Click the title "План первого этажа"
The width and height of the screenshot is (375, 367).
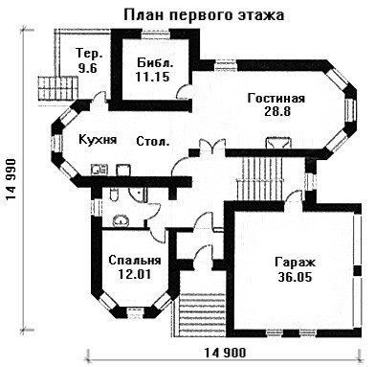[204, 15]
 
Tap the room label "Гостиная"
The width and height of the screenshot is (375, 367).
[276, 98]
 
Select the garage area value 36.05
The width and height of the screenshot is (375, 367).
[295, 277]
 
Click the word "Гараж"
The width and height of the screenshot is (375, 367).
[295, 263]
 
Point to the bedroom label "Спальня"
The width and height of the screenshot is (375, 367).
[135, 261]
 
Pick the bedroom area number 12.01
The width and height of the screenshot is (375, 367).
[134, 274]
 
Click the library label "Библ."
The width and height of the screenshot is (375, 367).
[155, 62]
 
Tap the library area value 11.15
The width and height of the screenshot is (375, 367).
[152, 77]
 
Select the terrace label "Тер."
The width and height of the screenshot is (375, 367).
[90, 54]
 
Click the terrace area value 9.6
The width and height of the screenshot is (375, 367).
[87, 68]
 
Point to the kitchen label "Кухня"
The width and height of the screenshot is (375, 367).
[98, 140]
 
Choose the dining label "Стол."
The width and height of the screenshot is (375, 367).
[153, 141]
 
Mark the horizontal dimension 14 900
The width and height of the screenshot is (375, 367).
[225, 353]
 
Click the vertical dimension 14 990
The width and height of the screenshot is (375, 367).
[11, 179]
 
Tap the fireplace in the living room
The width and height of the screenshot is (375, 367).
[278, 143]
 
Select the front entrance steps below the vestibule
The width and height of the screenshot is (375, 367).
[203, 315]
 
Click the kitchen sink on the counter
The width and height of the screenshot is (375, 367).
[99, 170]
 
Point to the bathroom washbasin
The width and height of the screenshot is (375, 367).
[121, 220]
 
